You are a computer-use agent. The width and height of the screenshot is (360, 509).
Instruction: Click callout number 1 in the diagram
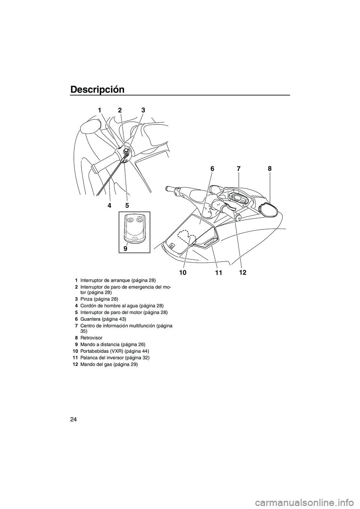[100, 110]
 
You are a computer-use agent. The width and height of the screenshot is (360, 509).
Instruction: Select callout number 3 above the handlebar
[143, 110]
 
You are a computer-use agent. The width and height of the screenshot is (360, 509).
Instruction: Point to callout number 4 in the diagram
[109, 205]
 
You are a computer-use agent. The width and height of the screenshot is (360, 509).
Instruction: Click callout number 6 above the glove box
[212, 169]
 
